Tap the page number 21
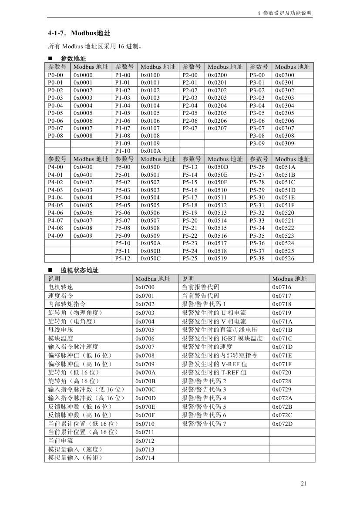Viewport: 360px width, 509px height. [x=304, y=484]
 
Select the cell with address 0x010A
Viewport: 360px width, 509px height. [x=151, y=151]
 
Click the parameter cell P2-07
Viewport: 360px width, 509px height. [x=190, y=128]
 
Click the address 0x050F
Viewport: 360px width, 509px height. [x=218, y=182]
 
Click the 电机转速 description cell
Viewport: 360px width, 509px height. [x=61, y=287]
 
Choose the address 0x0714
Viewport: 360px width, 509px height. [x=145, y=458]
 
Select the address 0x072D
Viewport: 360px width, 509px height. [x=282, y=424]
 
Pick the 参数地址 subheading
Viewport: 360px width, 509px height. [x=73, y=59]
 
